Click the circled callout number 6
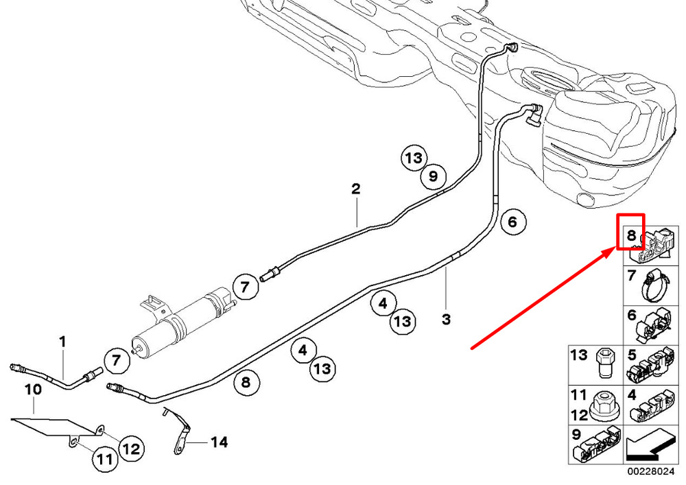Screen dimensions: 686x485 point(512,222)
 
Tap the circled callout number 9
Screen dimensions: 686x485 point(433,176)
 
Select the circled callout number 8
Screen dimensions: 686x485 point(246,382)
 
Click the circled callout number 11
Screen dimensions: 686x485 point(104,459)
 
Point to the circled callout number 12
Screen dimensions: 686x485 point(132,448)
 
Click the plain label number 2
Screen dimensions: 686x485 point(355,189)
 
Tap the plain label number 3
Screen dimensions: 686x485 point(446,319)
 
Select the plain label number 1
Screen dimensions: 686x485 point(62,342)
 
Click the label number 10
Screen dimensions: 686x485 point(33,389)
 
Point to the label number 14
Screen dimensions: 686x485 point(220,442)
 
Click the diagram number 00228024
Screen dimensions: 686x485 point(652,472)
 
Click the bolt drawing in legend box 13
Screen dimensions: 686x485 point(606,364)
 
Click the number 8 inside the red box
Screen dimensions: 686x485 point(631,236)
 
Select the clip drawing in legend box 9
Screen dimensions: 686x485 point(597,446)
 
